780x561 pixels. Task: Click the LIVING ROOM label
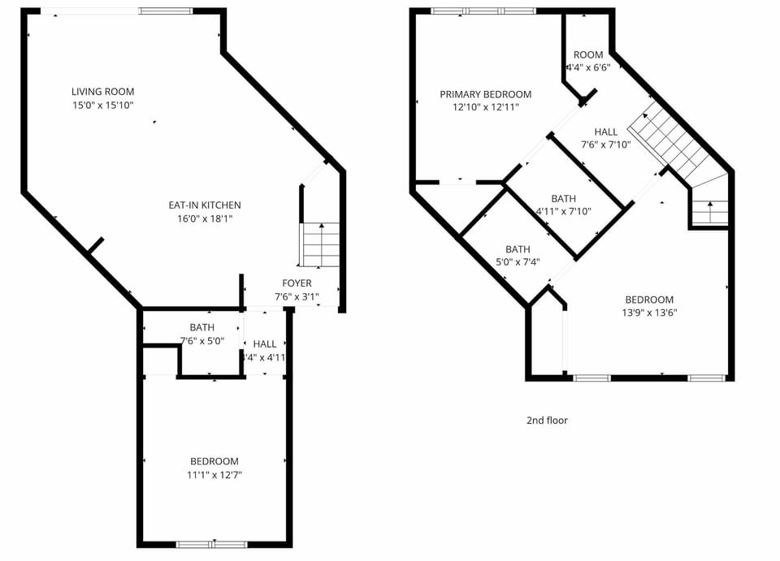(x=102, y=92)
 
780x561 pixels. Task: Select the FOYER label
(x=297, y=283)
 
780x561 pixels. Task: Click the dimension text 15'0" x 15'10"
(x=102, y=106)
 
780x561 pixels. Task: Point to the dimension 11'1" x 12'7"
(x=214, y=475)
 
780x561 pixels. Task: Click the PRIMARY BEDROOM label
(x=486, y=94)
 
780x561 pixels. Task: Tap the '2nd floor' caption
(x=547, y=421)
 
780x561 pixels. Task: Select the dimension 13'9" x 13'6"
(x=649, y=313)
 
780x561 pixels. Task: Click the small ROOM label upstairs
(x=588, y=55)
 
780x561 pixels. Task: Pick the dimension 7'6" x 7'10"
(x=605, y=145)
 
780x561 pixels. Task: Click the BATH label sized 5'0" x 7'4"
(x=518, y=249)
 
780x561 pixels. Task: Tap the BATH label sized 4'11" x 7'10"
(x=563, y=198)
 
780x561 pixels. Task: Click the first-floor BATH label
(x=202, y=328)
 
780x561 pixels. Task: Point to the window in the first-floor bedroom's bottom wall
(x=212, y=544)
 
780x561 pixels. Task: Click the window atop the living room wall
(x=166, y=11)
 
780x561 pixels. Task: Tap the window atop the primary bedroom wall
(x=483, y=11)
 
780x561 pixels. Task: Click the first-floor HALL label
(x=265, y=344)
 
